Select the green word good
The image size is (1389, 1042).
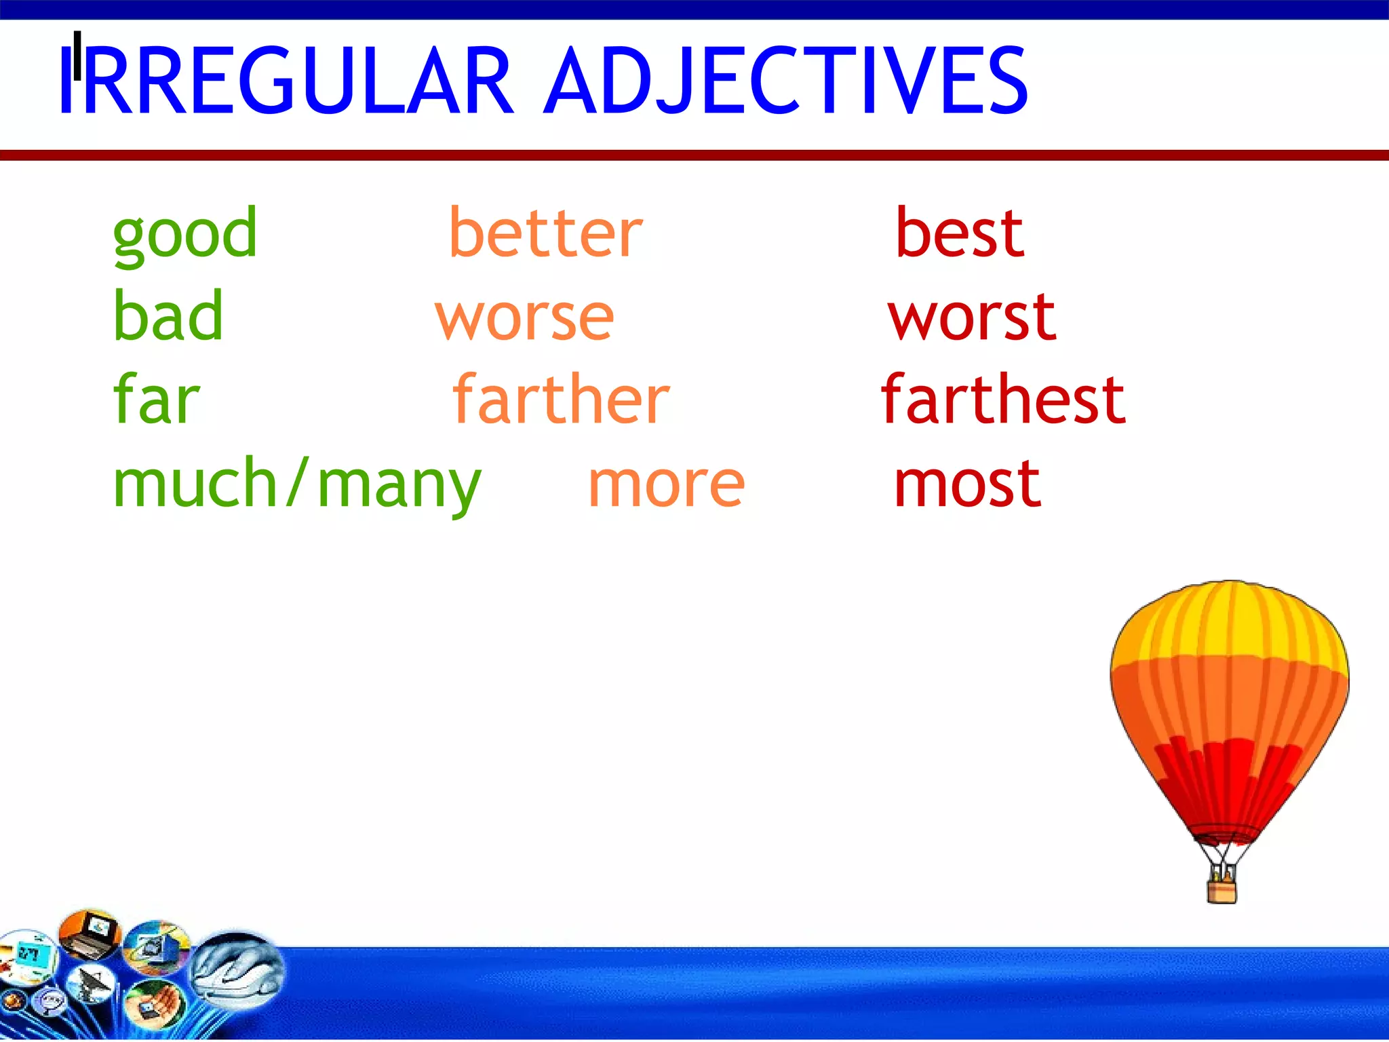[184, 234]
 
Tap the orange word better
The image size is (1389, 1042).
[545, 234]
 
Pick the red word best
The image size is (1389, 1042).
[959, 234]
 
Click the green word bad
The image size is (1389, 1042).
[168, 316]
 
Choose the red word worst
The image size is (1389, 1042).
[972, 317]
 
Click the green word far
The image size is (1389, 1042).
[156, 400]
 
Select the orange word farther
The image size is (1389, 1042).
[561, 400]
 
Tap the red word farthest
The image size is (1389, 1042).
[1003, 400]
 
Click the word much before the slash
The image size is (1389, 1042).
[195, 483]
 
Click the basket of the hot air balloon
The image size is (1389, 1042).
[1221, 890]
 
